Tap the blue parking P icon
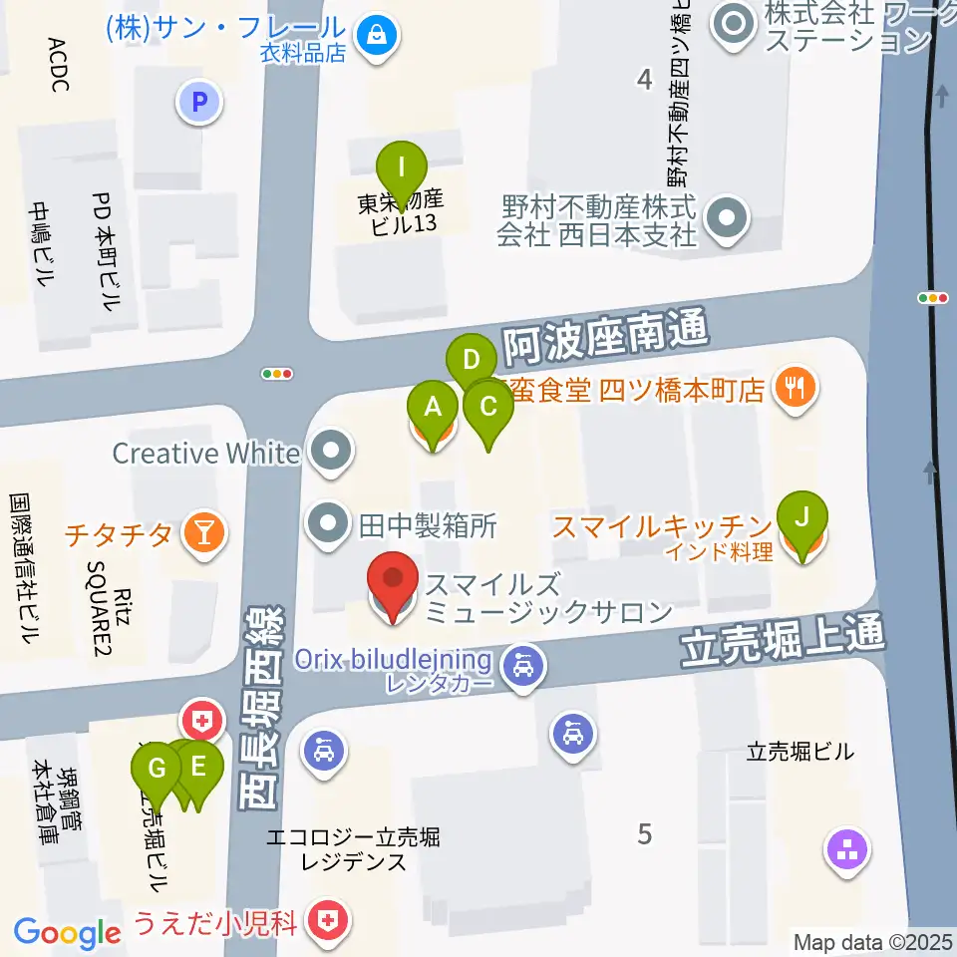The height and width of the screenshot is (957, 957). [199, 101]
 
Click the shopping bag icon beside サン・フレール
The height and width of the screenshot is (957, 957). [378, 36]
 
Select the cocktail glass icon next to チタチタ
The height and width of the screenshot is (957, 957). [203, 533]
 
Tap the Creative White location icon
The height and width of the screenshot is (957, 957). [331, 453]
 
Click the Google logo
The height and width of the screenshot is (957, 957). [67, 933]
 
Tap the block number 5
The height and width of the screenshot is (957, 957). [644, 833]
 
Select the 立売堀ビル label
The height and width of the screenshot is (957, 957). [799, 753]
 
